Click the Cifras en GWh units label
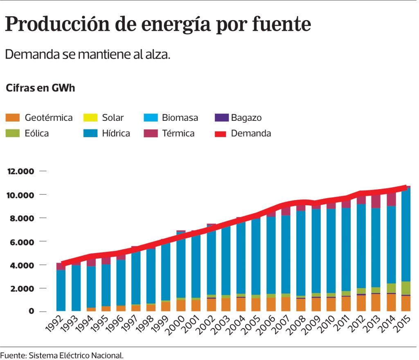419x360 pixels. point(40,88)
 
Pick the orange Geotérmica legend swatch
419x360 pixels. point(12,118)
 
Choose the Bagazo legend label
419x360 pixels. point(246,118)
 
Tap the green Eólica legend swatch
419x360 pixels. point(12,133)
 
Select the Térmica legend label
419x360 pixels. point(178,133)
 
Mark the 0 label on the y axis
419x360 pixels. point(32,312)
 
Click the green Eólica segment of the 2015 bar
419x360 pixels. point(406,288)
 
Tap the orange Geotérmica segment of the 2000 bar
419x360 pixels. point(181,306)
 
